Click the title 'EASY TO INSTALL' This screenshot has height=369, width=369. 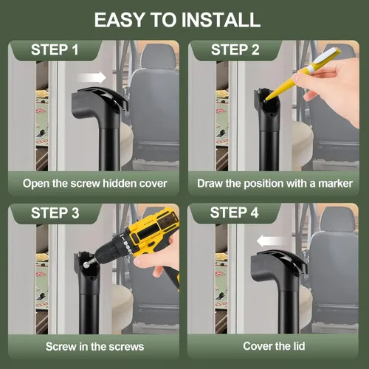coord(184,19)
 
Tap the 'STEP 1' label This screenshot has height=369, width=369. coord(55,50)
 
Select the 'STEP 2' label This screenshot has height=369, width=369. coord(235,50)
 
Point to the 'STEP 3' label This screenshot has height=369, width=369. coord(55,213)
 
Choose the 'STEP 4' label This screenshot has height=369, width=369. coord(235,213)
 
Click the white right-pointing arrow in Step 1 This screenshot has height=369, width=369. coord(92,77)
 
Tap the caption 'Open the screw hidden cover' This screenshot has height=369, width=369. coord(94,182)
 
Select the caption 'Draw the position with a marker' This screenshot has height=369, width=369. coord(275,182)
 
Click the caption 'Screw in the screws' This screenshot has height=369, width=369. coord(94,345)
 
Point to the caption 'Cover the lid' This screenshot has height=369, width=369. coord(275,345)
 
